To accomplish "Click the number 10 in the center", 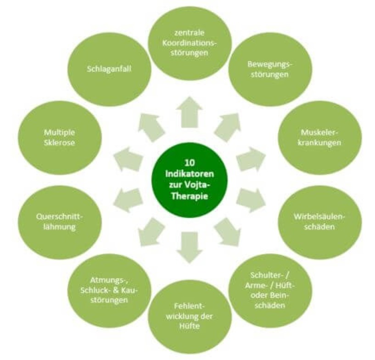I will (190, 162).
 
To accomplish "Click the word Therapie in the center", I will (190, 197).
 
